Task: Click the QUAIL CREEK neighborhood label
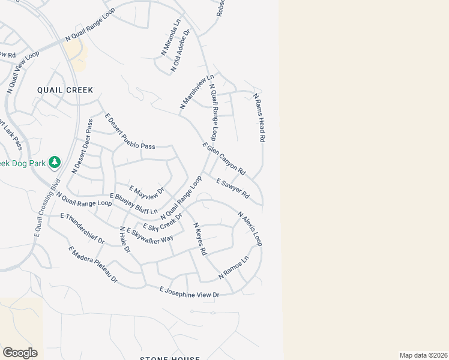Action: coord(65,90)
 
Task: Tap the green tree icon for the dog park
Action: coord(55,162)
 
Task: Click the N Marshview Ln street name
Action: coord(197,92)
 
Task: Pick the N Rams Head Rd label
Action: coord(259,117)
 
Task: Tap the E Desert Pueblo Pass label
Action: coord(130,131)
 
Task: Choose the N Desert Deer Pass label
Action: coord(82,146)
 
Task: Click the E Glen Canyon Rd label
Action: coord(224,158)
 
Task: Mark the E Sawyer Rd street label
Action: coord(232,188)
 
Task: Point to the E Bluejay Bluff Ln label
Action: coord(133,204)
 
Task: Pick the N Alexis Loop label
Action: coord(250,229)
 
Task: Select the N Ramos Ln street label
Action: coord(234,268)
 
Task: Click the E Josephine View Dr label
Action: coord(189,292)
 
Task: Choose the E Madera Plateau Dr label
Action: coord(93,265)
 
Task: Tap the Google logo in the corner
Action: coord(20,353)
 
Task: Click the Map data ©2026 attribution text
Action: coord(423,355)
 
